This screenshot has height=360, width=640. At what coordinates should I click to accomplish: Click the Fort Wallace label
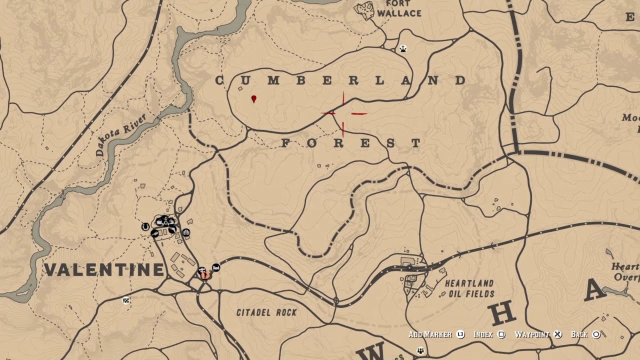(399, 8)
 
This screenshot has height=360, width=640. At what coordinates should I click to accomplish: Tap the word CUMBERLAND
(341, 80)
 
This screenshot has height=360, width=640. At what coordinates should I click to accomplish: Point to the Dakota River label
(121, 134)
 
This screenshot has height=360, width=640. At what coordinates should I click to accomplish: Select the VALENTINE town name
(104, 270)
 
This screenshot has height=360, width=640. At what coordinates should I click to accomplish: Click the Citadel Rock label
(266, 312)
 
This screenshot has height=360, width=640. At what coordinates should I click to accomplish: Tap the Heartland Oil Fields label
(469, 288)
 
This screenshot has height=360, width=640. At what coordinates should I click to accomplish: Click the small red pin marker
(254, 99)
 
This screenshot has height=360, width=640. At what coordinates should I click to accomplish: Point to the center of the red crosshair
(343, 114)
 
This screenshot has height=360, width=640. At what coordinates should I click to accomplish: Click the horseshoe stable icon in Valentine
(145, 227)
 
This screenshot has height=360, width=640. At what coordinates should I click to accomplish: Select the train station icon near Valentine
(216, 267)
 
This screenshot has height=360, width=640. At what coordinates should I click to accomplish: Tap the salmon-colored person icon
(204, 273)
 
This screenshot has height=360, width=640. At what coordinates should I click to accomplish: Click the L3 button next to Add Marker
(460, 334)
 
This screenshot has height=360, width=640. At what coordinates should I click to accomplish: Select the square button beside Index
(501, 334)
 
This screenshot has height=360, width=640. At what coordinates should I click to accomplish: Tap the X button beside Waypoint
(557, 334)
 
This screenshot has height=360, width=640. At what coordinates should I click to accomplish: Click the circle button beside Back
(596, 334)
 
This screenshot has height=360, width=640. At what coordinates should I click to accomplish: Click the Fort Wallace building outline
(364, 10)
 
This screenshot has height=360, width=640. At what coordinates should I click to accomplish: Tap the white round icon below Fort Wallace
(403, 48)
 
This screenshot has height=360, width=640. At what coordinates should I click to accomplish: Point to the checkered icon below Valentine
(126, 300)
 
